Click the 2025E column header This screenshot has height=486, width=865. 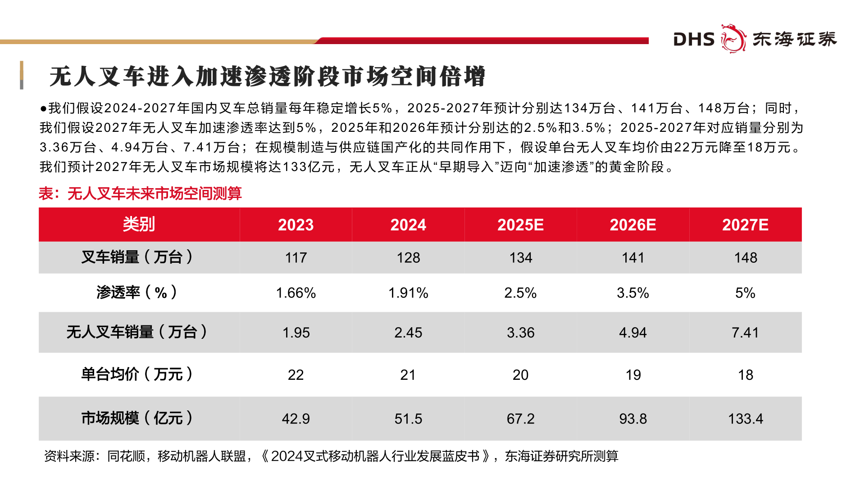click(520, 225)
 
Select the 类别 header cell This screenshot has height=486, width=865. click(139, 224)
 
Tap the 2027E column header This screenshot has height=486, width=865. click(745, 225)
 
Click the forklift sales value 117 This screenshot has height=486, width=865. click(296, 258)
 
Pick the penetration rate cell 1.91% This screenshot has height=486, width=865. click(408, 293)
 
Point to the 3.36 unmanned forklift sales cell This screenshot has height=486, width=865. click(520, 333)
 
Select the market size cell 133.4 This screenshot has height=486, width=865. click(745, 419)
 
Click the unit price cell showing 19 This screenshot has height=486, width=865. click(633, 375)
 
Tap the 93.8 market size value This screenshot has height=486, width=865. click(633, 419)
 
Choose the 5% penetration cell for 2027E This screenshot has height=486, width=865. click(745, 293)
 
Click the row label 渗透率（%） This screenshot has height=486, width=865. click(137, 292)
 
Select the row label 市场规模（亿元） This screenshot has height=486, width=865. click(137, 418)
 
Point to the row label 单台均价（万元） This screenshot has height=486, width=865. click(137, 374)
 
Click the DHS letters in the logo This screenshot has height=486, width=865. click(694, 40)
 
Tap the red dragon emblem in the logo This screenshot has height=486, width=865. click(733, 39)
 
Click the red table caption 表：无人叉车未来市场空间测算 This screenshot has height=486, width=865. click(140, 193)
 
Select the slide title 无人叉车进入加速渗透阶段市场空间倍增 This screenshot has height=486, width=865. click(267, 76)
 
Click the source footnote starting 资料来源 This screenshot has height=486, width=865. click(331, 456)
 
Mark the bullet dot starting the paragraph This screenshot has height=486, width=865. click(43, 108)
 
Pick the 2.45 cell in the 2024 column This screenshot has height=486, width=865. click(408, 333)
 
